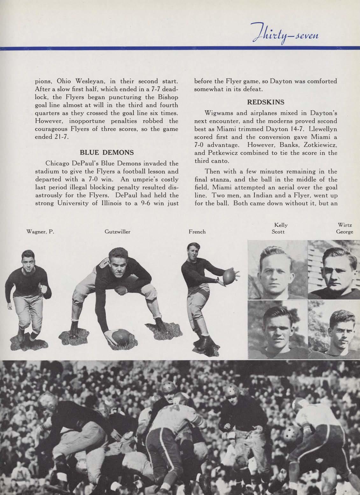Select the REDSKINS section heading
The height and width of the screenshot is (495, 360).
265,102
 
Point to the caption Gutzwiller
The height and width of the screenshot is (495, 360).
117,232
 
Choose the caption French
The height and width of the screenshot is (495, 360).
197,232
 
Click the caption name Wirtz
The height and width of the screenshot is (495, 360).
345,226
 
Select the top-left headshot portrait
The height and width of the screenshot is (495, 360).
277,270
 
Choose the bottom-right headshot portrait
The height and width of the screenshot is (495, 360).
334,329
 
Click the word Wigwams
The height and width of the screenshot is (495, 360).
220,114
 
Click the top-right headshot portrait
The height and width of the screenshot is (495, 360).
334,270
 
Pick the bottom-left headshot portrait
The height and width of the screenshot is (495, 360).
277,329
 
